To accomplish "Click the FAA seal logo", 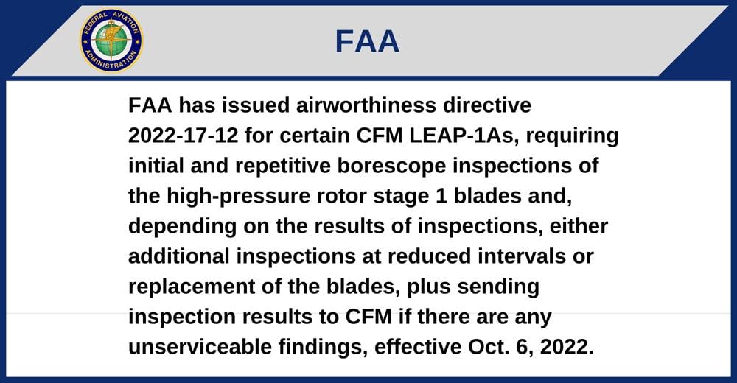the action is pos(111,41).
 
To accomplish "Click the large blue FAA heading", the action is pos(367,41).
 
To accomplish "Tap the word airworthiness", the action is pos(366,105).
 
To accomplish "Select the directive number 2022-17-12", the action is pos(184,136).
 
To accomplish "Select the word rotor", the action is pos(342,197).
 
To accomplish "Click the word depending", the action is pos(183,227).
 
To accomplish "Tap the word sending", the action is pos(498,287).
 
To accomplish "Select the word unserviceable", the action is pos(200,348).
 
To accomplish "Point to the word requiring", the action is pos(573,136).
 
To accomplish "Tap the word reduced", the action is pos(429,256).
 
